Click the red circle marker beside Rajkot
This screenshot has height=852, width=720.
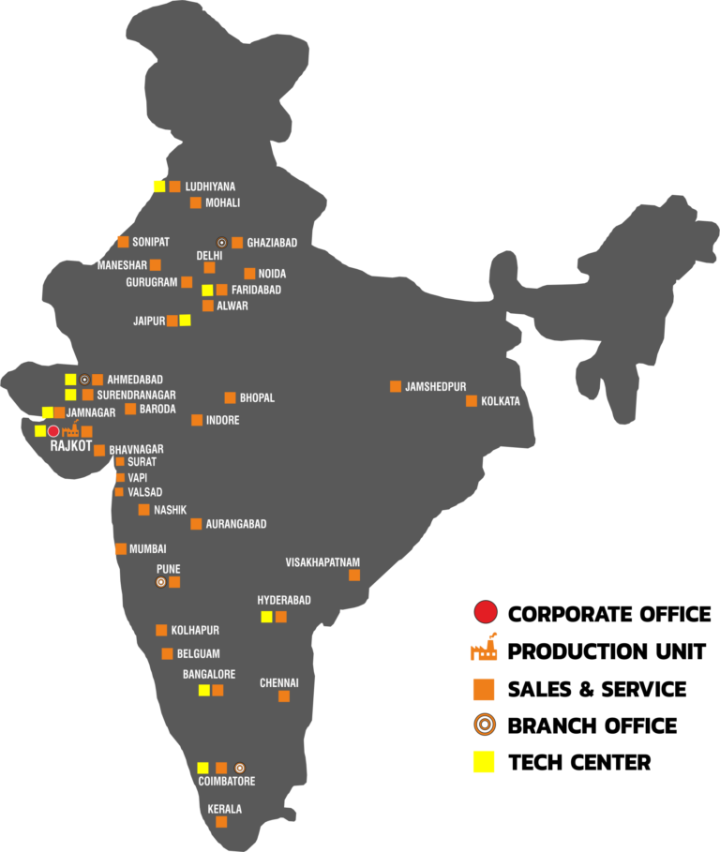pyautogui.click(x=53, y=431)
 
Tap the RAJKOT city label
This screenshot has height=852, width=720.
pyautogui.click(x=71, y=446)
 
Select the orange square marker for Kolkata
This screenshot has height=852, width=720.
pyautogui.click(x=472, y=401)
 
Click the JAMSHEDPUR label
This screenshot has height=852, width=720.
pyautogui.click(x=435, y=387)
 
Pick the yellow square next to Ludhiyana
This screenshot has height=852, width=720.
pyautogui.click(x=159, y=186)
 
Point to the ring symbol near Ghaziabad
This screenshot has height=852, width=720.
pyautogui.click(x=222, y=243)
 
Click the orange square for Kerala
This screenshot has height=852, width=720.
pyautogui.click(x=221, y=822)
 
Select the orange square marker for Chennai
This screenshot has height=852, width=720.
pyautogui.click(x=284, y=696)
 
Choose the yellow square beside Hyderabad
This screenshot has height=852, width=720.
pyautogui.click(x=266, y=617)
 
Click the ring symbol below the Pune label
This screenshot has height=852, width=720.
pyautogui.click(x=161, y=582)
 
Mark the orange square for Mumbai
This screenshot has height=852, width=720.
pyautogui.click(x=121, y=549)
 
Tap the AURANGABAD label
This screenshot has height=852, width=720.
pyautogui.click(x=236, y=524)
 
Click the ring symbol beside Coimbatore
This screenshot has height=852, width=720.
pyautogui.click(x=239, y=768)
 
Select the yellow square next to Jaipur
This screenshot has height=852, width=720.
pyautogui.click(x=185, y=320)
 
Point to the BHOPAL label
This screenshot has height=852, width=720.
pyautogui.click(x=257, y=398)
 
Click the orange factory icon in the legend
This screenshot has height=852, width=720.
pyautogui.click(x=484, y=650)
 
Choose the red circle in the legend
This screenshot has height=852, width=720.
pyautogui.click(x=485, y=613)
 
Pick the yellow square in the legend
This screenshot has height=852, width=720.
pyautogui.click(x=484, y=762)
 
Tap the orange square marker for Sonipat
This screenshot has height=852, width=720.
pyautogui.click(x=123, y=242)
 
